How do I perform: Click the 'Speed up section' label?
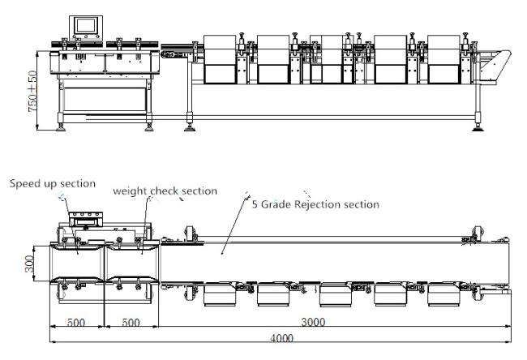click(x=53, y=184)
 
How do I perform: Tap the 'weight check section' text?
click(x=165, y=191)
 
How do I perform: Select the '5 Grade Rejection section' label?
click(x=315, y=204)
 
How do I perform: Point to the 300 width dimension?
click(x=28, y=263)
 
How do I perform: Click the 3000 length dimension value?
click(x=314, y=322)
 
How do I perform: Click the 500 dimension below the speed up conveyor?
click(x=76, y=322)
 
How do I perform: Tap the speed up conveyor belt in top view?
click(x=76, y=259)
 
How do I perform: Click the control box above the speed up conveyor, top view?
click(x=85, y=221)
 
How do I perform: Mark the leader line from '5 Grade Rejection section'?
click(x=235, y=223)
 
